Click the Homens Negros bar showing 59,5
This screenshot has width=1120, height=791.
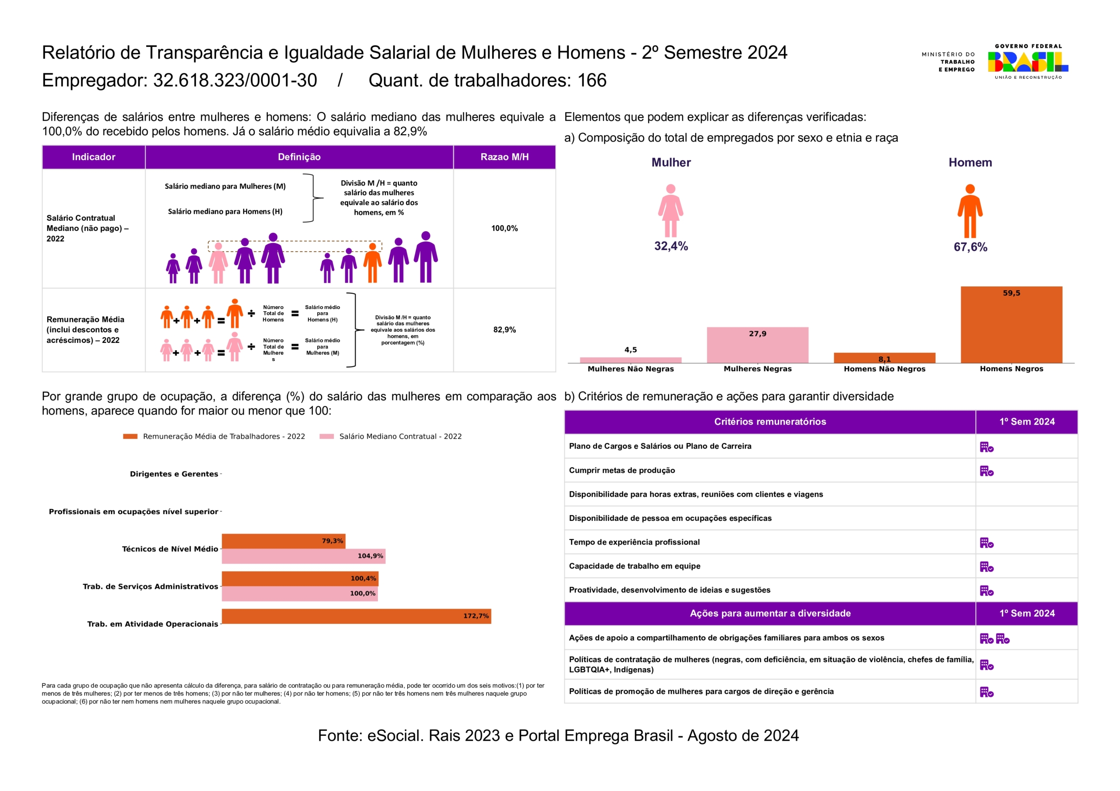pos(1011,325)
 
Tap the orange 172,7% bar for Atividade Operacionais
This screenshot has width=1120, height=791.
pos(356,616)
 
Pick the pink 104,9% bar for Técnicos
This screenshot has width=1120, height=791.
pos(304,556)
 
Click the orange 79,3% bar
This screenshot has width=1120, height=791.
pos(283,541)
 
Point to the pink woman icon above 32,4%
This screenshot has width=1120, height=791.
pos(670,211)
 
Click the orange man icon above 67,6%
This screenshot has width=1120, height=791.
pos(970,211)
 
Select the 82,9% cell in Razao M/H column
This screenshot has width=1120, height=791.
pos(504,330)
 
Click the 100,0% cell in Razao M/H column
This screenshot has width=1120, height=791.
pos(504,228)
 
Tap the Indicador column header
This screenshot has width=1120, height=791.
pos(94,157)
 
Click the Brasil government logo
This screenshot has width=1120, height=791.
pos(1028,62)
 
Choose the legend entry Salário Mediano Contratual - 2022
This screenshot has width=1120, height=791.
pos(400,436)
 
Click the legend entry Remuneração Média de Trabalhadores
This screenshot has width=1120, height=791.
pos(224,436)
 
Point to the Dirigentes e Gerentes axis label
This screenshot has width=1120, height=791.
pos(174,474)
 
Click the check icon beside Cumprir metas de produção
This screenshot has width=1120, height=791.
pos(986,471)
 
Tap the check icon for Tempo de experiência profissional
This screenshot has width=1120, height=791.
pos(986,543)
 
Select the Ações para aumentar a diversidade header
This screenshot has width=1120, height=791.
pos(770,613)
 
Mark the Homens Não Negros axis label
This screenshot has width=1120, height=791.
pos(884,369)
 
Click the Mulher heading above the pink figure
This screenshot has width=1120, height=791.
pos(671,162)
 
